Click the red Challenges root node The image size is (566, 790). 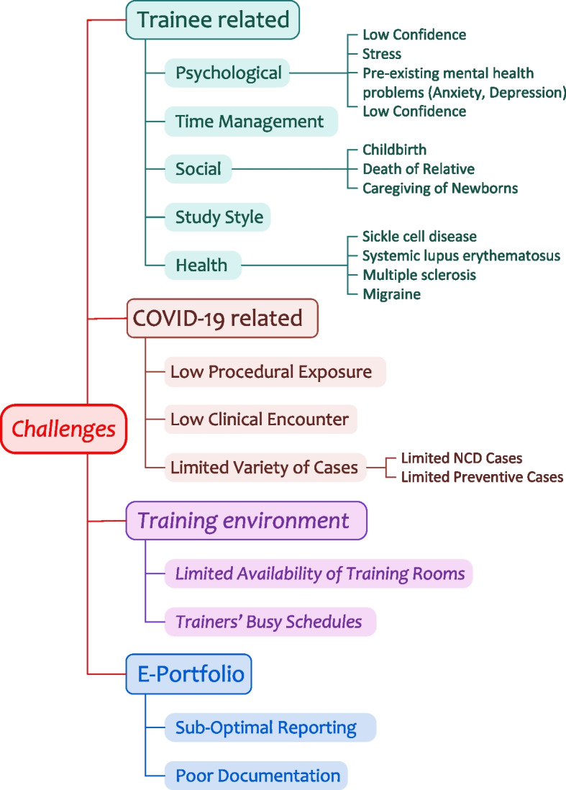(63, 429)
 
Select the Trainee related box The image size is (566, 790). (212, 20)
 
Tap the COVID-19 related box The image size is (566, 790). (222, 318)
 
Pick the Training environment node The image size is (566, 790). (246, 520)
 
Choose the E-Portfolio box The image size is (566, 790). (189, 674)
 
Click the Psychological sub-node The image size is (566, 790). (227, 73)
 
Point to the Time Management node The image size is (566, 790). (251, 122)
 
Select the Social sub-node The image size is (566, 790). (198, 169)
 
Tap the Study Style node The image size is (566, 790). (217, 217)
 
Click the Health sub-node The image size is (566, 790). (203, 265)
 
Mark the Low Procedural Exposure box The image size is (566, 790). (275, 372)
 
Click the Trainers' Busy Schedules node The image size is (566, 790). (270, 622)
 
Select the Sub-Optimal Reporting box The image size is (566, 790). (270, 727)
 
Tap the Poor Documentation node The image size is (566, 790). (256, 776)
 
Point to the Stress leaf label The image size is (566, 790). (382, 54)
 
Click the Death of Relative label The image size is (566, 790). (419, 169)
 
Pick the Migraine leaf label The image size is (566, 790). (391, 294)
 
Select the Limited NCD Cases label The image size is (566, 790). (461, 458)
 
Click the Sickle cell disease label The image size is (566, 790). (419, 236)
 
